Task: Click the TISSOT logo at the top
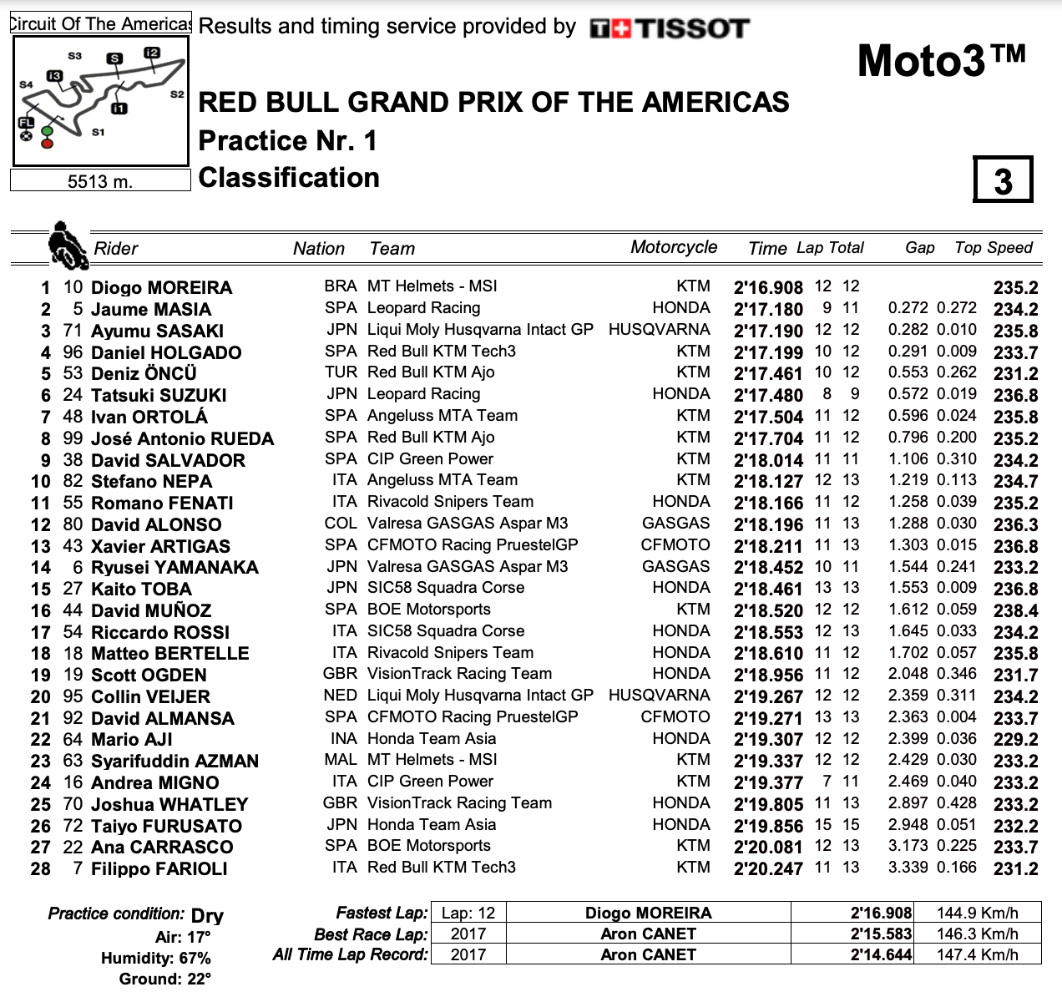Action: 670,29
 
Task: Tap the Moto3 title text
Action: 941,61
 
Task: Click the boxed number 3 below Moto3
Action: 1003,180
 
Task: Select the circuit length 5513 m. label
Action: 100,181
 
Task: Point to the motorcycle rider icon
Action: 67,245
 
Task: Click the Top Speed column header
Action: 993,248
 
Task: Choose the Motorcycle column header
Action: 673,247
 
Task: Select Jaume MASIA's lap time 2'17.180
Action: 767,310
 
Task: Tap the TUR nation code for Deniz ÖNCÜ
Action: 341,372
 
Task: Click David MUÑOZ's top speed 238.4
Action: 1015,611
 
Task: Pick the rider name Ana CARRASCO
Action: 162,848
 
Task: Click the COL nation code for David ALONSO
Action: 341,524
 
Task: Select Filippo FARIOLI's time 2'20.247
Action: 767,869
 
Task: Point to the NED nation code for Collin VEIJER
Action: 341,696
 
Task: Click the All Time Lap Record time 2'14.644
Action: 881,955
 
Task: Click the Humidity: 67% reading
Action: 156,959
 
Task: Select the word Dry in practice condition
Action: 207,916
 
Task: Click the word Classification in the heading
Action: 289,178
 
